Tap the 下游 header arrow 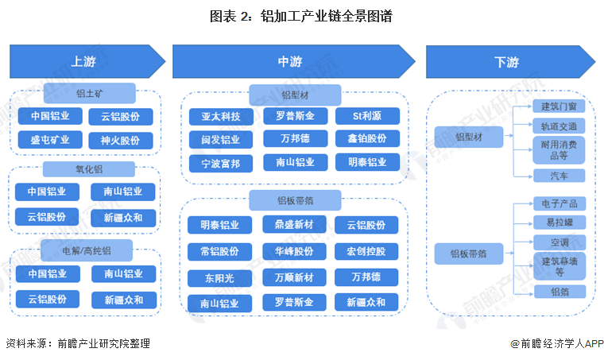509,61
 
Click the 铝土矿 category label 89,92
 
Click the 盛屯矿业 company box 50,140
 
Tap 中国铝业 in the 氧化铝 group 47,192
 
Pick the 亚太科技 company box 220,116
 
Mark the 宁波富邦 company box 220,163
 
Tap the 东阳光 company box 220,277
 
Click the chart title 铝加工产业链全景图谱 302,16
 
